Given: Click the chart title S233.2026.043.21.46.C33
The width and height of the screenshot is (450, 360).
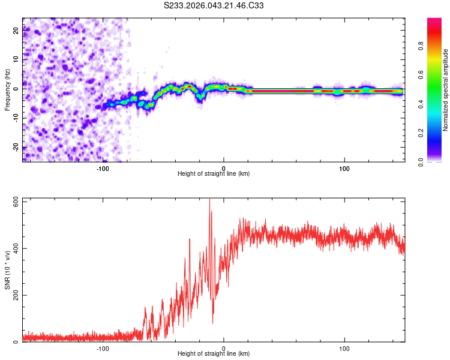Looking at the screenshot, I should point(214,5).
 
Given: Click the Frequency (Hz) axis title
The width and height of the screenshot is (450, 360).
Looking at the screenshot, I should point(7,89).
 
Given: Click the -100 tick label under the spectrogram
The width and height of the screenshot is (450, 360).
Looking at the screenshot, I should point(103,168).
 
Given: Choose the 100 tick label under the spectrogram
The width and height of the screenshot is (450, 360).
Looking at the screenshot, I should point(344,168).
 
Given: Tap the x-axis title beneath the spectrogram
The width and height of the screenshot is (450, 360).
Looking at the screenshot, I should point(214,174).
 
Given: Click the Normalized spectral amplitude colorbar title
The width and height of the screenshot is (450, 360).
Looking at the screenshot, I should point(446,90).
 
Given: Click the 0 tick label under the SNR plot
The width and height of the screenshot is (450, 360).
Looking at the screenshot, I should point(224,348).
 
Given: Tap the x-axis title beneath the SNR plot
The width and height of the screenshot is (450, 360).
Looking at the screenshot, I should point(214,354).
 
